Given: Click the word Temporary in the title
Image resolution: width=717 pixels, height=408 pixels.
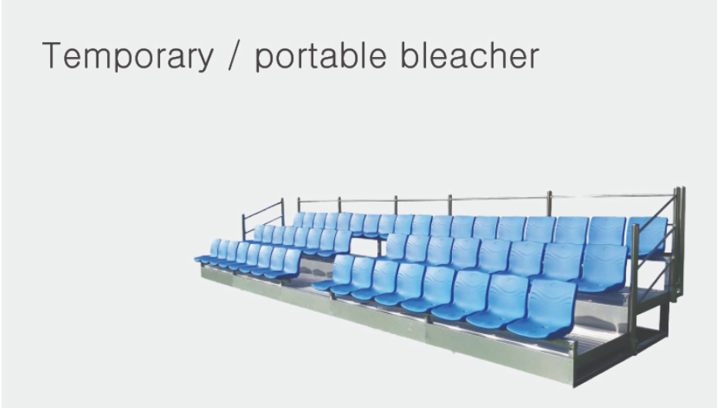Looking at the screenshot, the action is (128, 55).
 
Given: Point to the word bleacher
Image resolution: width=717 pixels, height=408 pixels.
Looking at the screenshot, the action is (470, 55).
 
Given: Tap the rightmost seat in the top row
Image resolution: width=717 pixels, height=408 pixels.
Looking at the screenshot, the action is (648, 236).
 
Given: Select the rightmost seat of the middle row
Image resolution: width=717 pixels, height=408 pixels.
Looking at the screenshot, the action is (602, 268).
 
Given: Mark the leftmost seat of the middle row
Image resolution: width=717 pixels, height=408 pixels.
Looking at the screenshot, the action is (258, 233).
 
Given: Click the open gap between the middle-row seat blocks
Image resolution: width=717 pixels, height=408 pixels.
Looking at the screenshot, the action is (365, 246).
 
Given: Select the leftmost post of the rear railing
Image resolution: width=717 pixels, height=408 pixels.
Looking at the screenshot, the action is (299, 205).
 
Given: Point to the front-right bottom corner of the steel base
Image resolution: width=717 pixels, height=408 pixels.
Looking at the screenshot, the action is (574, 386).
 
